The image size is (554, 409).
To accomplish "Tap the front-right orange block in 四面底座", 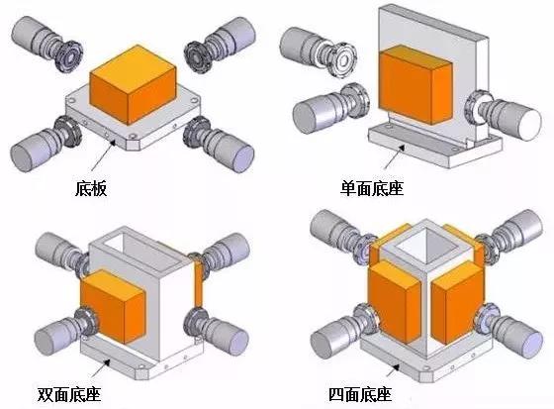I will (454, 307).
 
